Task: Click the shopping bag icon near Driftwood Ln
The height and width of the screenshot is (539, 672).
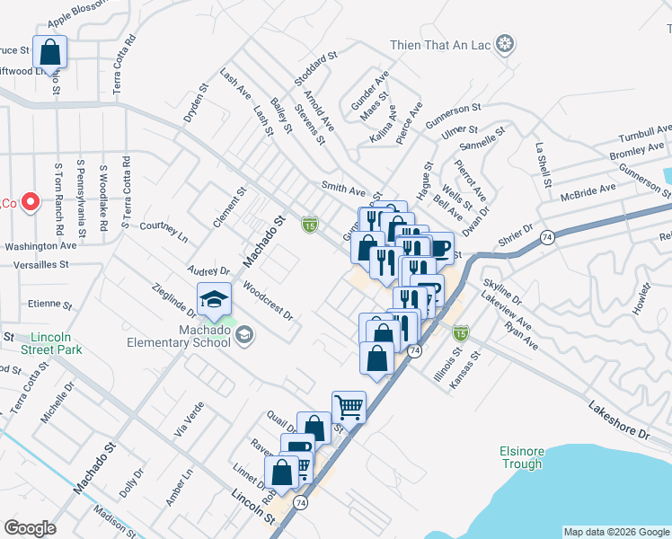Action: tap(50, 53)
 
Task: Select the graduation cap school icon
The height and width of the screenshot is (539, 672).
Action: tap(213, 299)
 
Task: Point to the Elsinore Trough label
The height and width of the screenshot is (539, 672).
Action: tap(521, 458)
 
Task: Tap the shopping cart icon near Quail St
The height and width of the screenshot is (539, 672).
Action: tap(348, 407)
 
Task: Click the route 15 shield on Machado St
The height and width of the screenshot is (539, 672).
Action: tap(310, 223)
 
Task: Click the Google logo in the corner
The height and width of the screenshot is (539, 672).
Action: tap(30, 527)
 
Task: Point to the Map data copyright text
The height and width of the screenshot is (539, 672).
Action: tap(616, 532)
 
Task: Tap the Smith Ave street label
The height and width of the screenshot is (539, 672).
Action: tap(344, 190)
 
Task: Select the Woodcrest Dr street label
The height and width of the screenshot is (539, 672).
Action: tap(268, 302)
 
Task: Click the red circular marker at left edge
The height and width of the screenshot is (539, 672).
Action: tap(29, 203)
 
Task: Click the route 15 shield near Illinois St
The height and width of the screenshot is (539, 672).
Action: tap(460, 333)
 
